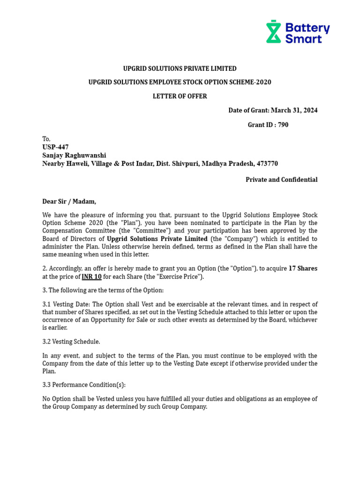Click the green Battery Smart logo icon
click(x=273, y=31)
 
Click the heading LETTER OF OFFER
click(x=180, y=96)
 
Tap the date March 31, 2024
click(x=294, y=110)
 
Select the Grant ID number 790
click(x=283, y=125)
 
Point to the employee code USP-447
click(x=55, y=147)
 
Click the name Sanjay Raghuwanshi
click(x=74, y=155)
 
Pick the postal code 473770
click(x=267, y=164)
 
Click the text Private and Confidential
click(x=281, y=180)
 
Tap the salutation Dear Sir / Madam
click(x=69, y=202)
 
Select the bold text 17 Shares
click(x=303, y=269)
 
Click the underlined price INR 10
click(x=91, y=277)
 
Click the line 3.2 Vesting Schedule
click(x=71, y=341)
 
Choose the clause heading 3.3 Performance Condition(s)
click(x=84, y=385)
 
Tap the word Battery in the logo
click(x=307, y=28)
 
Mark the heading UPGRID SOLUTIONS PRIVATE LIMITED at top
click(x=180, y=68)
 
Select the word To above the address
click(x=46, y=139)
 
